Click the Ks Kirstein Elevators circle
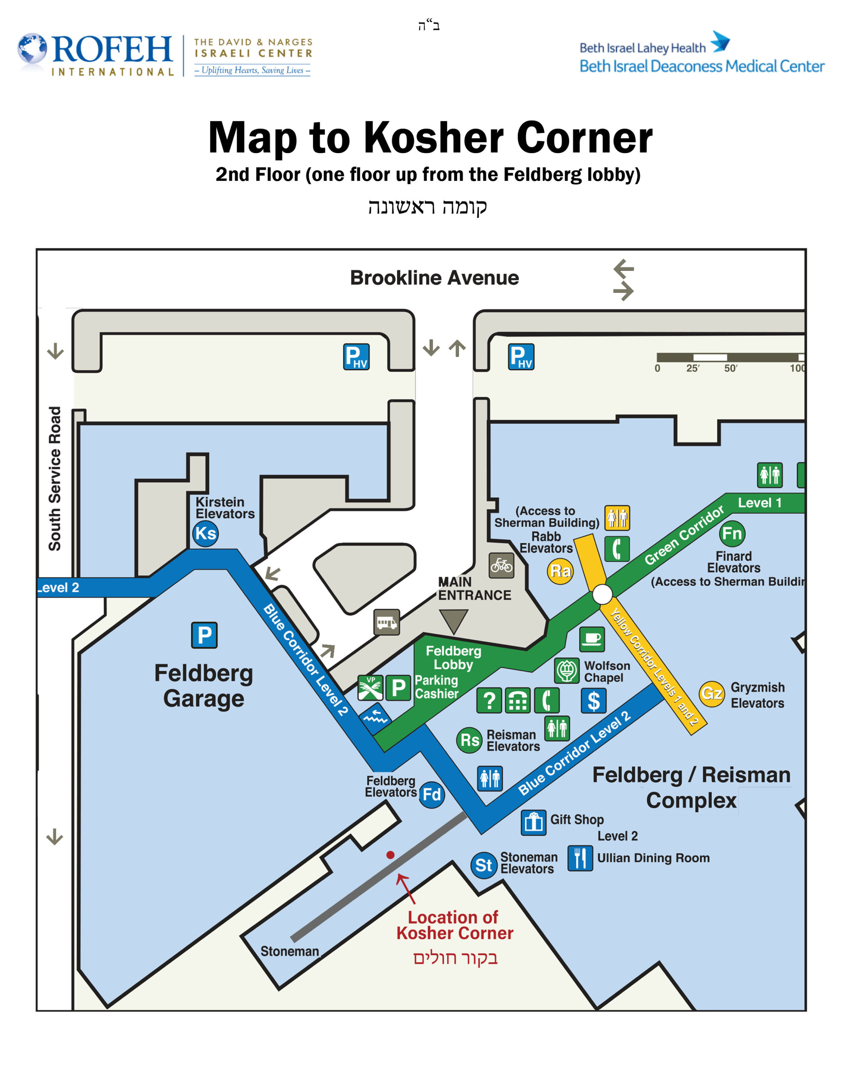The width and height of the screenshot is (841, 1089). [205, 533]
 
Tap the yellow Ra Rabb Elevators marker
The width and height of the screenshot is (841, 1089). [560, 571]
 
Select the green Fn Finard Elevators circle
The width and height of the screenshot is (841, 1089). [732, 533]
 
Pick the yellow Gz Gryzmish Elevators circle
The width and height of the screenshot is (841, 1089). [711, 693]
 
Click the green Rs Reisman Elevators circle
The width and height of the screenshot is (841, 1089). [469, 740]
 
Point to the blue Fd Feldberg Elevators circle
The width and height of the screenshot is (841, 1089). [431, 794]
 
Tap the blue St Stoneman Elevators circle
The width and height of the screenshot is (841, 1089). [483, 865]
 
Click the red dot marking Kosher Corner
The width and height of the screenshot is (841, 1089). [390, 855]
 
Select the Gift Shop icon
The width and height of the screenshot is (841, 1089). [534, 822]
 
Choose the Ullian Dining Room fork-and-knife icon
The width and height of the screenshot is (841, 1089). [580, 858]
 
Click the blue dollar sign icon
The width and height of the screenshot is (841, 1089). [594, 701]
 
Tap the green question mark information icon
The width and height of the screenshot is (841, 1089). [489, 701]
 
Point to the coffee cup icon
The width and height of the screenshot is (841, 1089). [592, 639]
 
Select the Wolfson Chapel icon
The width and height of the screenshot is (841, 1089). [567, 671]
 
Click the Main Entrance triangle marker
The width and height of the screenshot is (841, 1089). [454, 620]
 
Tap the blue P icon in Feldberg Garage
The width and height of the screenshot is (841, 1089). [205, 635]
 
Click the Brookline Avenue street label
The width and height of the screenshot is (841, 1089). [434, 278]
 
